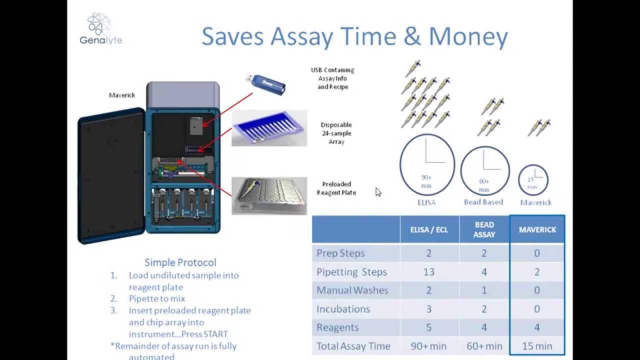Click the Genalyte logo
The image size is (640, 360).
click(100, 29)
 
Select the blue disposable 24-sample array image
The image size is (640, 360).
click(269, 128)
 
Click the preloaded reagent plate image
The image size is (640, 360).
click(269, 195)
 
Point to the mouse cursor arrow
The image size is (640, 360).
click(378, 192)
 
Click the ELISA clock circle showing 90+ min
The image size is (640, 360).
click(426, 164)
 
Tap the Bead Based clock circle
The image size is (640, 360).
click(484, 170)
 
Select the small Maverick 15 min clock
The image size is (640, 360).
click(533, 179)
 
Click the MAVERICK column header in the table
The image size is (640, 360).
click(537, 229)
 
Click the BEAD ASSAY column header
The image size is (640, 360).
click(484, 229)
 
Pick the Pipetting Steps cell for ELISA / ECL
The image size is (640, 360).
click(429, 272)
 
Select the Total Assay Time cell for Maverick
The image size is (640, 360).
click(537, 345)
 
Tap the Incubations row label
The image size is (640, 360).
click(343, 309)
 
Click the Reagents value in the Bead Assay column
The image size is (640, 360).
click(484, 327)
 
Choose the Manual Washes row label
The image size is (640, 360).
click(352, 290)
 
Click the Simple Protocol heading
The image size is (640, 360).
click(180, 262)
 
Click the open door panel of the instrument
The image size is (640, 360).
click(111, 178)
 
